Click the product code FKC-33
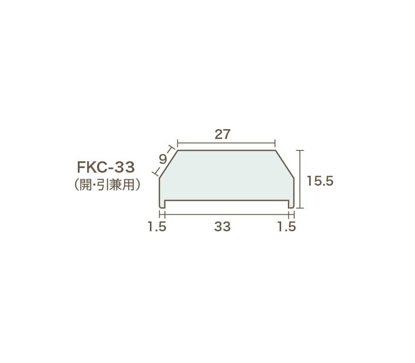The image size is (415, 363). click(106, 167)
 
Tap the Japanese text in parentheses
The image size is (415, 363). click(108, 185)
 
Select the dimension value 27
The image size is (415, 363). click(222, 134)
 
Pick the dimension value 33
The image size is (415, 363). click(222, 227)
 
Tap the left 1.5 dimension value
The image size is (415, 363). click(156, 227)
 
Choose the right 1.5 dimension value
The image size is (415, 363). click(286, 227)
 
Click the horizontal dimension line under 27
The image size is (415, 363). click(226, 142)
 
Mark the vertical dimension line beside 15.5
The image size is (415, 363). click(300, 179)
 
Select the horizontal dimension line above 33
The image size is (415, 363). click(227, 213)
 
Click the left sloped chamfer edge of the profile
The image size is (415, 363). click(169, 164)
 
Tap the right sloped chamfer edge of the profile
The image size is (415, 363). click(285, 164)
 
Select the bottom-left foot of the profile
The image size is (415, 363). click(162, 204)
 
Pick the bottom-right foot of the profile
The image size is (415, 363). click(292, 204)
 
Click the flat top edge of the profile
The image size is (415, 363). click(226, 151)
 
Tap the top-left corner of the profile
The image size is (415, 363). click(178, 151)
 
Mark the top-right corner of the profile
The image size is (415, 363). click(275, 151)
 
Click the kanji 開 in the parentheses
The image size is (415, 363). click(86, 185)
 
